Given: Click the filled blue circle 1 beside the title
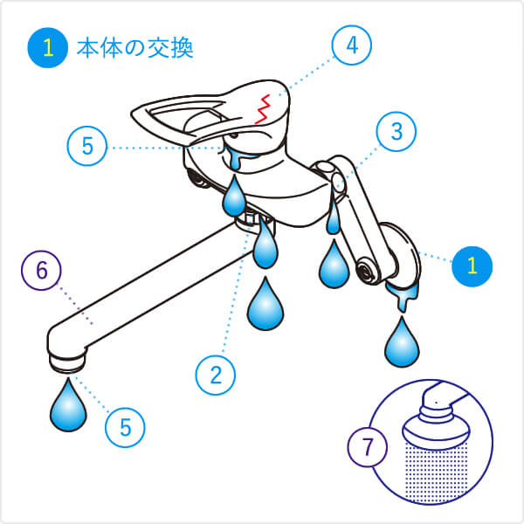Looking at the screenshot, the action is pyautogui.click(x=48, y=48).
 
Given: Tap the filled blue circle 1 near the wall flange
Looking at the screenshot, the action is pyautogui.click(x=472, y=266).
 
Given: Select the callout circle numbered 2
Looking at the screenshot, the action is pyautogui.click(x=216, y=375).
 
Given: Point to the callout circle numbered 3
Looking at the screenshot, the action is pyautogui.click(x=396, y=132).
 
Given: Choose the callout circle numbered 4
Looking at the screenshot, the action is pyautogui.click(x=352, y=45).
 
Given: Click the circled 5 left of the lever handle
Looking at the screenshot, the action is pyautogui.click(x=87, y=146).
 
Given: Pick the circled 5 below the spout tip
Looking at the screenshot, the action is pyautogui.click(x=125, y=427).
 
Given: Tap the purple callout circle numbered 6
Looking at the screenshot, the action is pyautogui.click(x=41, y=271).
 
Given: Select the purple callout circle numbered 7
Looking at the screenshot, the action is pyautogui.click(x=368, y=447).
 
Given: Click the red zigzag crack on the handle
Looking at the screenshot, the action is pyautogui.click(x=262, y=109).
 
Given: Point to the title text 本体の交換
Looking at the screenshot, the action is pyautogui.click(x=135, y=48).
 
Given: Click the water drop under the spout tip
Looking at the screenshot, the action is pyautogui.click(x=68, y=404).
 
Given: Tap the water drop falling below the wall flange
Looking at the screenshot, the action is pyautogui.click(x=402, y=341).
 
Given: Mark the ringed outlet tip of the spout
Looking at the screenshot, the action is pyautogui.click(x=67, y=362).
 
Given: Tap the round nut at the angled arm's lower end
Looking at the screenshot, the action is pyautogui.click(x=366, y=269).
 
